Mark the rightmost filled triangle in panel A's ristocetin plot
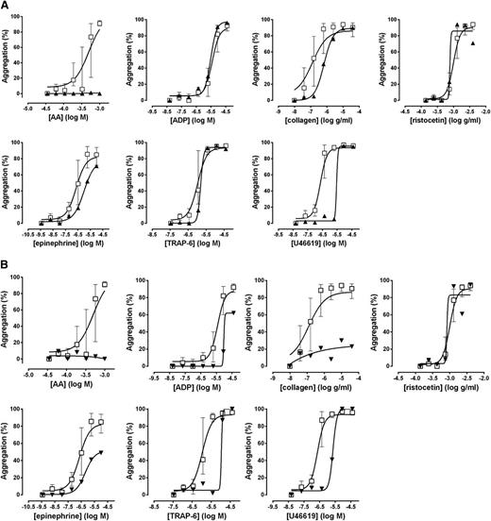tap(472, 42)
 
